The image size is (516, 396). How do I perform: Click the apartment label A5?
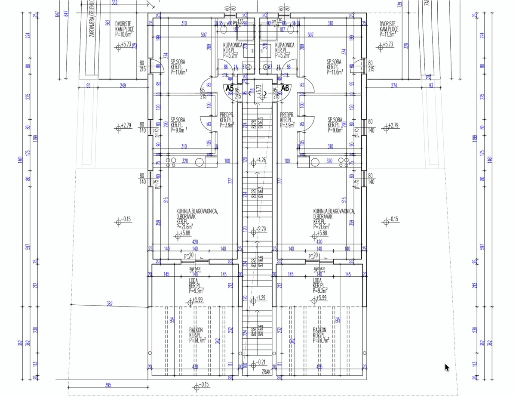click(x=230, y=88)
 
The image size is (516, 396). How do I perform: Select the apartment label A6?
click(x=285, y=88)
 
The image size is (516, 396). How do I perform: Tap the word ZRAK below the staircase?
click(x=265, y=372)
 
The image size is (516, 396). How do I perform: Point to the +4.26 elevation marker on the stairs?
click(x=261, y=160)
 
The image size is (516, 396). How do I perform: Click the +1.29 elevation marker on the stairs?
click(x=261, y=297)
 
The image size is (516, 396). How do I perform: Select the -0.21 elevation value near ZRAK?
click(x=261, y=362)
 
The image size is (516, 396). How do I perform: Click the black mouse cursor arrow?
click(x=447, y=368)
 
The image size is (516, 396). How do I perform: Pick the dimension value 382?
click(x=110, y=303)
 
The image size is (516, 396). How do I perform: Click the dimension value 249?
click(x=123, y=86)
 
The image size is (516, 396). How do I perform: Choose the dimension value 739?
click(x=400, y=4)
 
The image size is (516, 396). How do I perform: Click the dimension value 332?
click(x=114, y=3)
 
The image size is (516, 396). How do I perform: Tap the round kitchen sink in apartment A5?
click(x=199, y=162)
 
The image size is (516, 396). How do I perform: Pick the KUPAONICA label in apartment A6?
click(x=285, y=45)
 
